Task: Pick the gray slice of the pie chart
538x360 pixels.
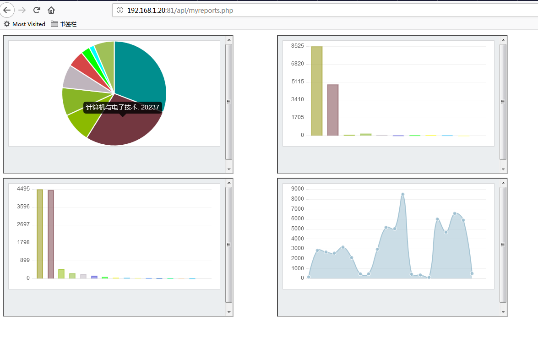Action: coord(73,78)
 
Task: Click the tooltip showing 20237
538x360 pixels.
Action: coord(123,107)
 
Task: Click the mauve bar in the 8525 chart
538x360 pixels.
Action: coord(333,110)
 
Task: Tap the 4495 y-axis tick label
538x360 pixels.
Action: coord(23,189)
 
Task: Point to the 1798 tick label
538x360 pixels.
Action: coord(23,242)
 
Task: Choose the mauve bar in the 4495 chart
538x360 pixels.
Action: coord(51,234)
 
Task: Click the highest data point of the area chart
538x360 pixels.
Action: coord(403,194)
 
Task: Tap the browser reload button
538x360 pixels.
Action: coord(37,10)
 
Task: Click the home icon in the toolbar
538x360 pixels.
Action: coord(51,10)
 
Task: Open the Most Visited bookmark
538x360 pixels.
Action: coord(25,24)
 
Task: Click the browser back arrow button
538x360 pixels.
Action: coord(7,10)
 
